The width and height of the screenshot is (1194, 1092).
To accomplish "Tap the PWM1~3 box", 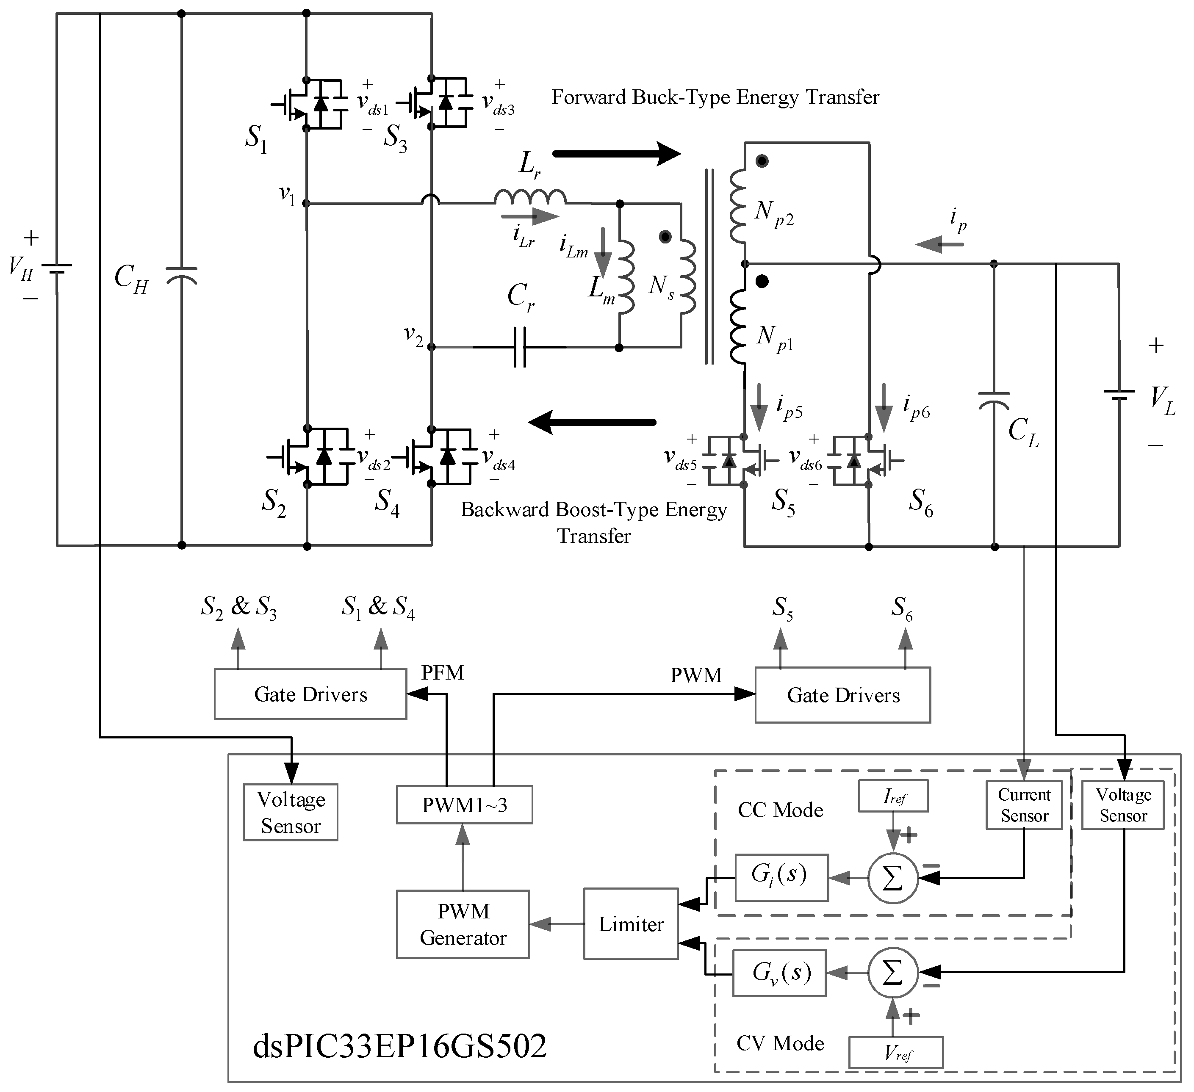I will [464, 804].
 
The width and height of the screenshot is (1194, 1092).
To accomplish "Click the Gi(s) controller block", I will [781, 877].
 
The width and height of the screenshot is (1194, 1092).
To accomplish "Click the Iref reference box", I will [892, 796].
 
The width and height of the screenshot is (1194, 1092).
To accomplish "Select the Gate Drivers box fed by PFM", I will [310, 694].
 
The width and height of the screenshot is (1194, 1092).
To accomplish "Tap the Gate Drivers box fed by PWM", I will [842, 695].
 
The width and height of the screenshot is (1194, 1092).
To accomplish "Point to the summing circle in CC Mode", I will [892, 878].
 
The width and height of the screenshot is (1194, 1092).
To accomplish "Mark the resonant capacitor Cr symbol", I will [519, 347].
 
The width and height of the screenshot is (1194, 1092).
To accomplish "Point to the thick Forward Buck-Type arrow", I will [616, 154].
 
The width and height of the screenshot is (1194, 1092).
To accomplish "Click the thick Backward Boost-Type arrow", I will [592, 422].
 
